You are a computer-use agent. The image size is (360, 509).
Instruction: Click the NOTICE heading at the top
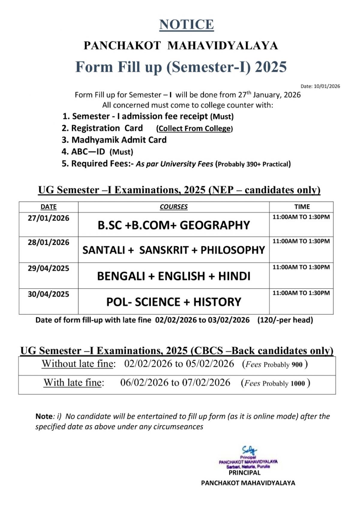click(186, 25)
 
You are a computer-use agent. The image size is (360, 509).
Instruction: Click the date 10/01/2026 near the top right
click(327, 86)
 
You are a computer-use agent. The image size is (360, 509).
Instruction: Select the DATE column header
click(49, 207)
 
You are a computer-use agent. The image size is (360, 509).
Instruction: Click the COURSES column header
click(174, 207)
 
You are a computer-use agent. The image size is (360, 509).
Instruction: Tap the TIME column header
click(302, 207)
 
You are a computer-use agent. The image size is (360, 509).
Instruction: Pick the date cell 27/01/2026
click(49, 218)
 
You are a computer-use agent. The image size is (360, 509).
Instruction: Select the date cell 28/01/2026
click(49, 242)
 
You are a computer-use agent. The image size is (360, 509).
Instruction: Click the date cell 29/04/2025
click(49, 268)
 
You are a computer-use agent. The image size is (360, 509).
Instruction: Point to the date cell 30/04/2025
click(49, 294)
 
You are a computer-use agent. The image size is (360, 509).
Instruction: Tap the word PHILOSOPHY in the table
click(233, 250)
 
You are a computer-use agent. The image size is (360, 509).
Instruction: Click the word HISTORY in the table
click(217, 302)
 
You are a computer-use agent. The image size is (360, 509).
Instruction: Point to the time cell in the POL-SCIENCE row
click(301, 293)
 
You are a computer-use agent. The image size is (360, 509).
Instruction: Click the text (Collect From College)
click(194, 129)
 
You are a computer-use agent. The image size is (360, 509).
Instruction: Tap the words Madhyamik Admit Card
click(119, 140)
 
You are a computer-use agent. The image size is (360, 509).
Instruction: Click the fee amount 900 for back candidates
click(297, 365)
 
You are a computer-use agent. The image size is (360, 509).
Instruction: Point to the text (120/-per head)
click(285, 320)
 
